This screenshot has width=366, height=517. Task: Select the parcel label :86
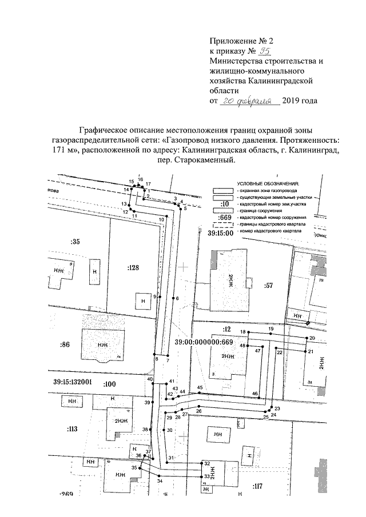65,344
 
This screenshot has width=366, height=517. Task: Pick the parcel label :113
71,428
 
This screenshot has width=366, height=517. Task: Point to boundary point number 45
200,388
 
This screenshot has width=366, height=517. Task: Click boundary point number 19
271,330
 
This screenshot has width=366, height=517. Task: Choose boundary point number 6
177,298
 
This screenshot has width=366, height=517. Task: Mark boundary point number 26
198,411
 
